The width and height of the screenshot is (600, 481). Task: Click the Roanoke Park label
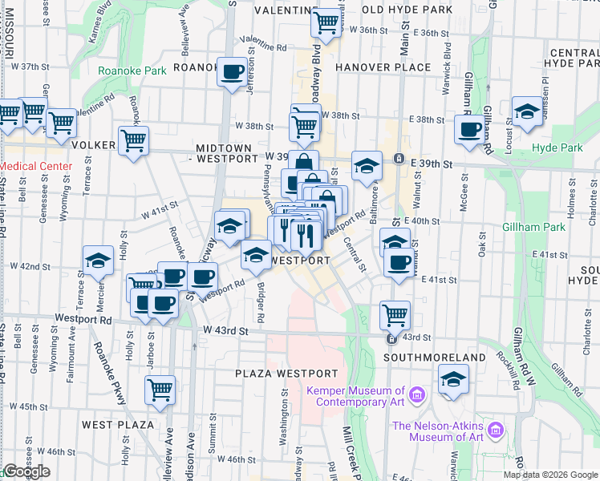pos(132,71)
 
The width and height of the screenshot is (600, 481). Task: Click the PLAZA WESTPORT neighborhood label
pos(286,374)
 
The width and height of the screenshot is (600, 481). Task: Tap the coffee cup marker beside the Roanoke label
pos(233,72)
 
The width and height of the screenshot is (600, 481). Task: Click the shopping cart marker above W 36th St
pos(326,22)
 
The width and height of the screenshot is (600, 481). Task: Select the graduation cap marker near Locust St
pos(527,112)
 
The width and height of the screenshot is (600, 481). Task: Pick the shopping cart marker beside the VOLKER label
pos(133,140)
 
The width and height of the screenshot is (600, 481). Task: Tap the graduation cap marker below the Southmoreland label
pos(453,379)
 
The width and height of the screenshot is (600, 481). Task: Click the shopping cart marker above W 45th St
pos(160,390)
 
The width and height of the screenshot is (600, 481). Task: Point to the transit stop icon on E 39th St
pos(399,159)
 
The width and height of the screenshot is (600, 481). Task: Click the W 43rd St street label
pos(227,330)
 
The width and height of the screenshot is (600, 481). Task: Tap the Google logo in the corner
pos(26,472)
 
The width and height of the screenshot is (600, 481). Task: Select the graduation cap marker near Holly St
pos(98,261)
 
